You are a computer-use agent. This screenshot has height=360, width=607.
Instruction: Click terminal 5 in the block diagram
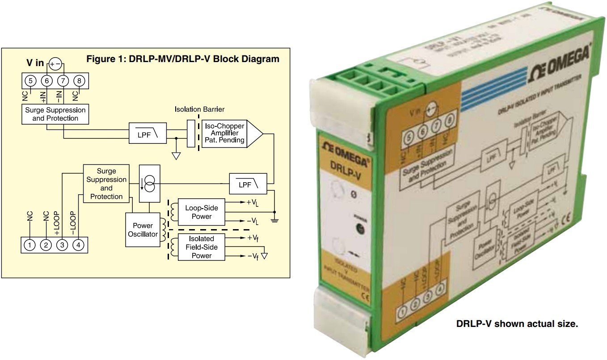point(31,81)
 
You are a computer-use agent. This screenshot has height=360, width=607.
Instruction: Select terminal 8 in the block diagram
point(79,81)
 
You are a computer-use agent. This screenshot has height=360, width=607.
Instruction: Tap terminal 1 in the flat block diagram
point(30,245)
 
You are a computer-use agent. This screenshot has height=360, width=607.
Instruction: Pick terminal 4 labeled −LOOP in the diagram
point(78,245)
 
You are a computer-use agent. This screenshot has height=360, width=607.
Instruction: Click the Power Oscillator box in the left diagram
point(143,230)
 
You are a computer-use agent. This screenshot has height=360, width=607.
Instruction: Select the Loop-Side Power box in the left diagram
point(202,212)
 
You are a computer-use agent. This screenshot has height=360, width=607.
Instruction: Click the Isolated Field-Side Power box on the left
point(202,247)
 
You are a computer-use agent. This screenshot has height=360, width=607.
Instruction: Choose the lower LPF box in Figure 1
point(248,183)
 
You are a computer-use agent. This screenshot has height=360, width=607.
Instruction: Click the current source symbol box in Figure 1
point(149,183)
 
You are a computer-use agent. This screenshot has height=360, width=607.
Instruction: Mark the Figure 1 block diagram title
point(182,59)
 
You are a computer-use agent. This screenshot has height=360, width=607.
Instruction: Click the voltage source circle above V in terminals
point(55,63)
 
